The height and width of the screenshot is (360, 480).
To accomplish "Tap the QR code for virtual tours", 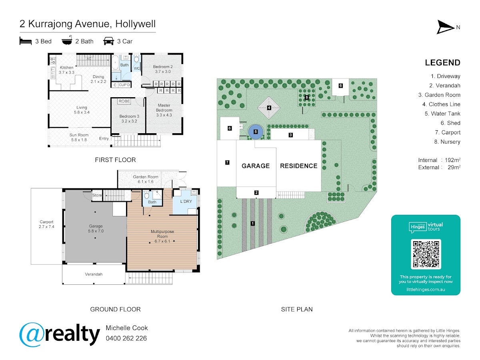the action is coord(426,254).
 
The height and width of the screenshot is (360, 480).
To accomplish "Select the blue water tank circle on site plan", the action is coord(256,132).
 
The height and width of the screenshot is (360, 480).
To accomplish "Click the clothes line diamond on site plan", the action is coord(269,108).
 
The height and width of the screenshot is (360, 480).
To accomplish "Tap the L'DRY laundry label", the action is coord(186,201).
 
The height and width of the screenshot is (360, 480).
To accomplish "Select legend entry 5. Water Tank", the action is coord(442,114).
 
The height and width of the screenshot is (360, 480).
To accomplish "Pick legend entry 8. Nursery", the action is coord(447,142).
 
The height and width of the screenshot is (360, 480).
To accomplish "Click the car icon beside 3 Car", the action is coord(108,41).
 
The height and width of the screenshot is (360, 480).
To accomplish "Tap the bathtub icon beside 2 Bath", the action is coord(67,40).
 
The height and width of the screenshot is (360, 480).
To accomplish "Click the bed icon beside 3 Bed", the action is coord(26,41).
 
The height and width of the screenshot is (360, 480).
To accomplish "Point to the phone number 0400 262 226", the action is coord(126,338).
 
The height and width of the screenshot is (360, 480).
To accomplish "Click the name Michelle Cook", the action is coord(127,328).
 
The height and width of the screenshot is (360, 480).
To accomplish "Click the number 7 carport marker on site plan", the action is coord(227,162).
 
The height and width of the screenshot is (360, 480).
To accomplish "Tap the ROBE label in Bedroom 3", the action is coord(124,101).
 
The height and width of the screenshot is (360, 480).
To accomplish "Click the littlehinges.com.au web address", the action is coord(426,290).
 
